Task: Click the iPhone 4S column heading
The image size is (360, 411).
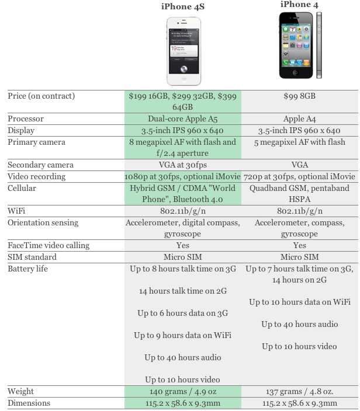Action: pos(182,6)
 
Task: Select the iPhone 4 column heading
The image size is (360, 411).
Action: pos(299,5)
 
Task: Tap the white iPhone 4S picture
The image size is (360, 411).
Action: pos(184,51)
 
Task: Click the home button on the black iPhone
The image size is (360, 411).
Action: pos(296,72)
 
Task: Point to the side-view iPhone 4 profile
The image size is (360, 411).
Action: pos(319,45)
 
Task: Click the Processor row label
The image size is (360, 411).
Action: pos(26,119)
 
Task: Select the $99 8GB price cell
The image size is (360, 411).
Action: pos(299,96)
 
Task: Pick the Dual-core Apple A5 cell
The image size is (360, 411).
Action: pos(183,119)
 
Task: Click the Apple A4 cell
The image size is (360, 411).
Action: pos(299,119)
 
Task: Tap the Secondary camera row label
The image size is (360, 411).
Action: pos(40,165)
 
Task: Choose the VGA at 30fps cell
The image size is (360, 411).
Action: pos(183,165)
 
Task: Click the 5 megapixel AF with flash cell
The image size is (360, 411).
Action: pos(299,142)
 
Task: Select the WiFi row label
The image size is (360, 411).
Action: pos(16,211)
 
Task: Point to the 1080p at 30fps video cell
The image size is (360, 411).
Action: pos(182,176)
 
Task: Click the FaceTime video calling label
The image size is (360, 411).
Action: pos(49,245)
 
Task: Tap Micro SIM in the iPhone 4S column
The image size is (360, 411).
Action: pos(183,257)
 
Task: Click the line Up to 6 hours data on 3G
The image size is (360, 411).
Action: pos(183,313)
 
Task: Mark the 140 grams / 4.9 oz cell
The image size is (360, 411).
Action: pos(183,391)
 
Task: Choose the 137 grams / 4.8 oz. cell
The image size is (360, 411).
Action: pos(299,391)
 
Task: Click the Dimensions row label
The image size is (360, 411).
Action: pos(29,403)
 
